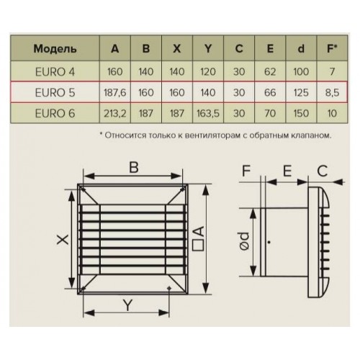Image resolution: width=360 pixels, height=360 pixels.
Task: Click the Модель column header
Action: click(55, 49)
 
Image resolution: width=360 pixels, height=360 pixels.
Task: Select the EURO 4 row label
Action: click(55, 71)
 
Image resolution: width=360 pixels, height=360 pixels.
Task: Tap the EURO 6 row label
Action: click(55, 113)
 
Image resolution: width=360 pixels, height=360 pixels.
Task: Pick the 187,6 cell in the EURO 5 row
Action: click(115, 93)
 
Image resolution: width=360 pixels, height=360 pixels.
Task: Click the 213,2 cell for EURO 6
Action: click(115, 113)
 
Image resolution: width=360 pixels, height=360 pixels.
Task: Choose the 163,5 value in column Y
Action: click(208, 113)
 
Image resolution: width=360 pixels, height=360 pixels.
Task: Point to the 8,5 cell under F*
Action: click(332, 93)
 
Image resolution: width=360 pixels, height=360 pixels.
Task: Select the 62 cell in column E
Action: click(270, 71)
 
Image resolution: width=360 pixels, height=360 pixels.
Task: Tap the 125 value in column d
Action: click(301, 93)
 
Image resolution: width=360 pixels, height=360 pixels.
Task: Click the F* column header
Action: click(332, 48)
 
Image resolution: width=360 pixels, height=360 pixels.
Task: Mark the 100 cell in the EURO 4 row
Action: click(301, 71)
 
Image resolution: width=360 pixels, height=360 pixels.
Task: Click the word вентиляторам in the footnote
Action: click(212, 135)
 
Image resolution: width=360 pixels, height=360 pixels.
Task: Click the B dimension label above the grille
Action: click(134, 167)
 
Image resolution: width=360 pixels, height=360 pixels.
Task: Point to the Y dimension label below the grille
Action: click(127, 305)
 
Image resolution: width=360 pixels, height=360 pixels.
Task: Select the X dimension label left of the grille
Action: click(63, 239)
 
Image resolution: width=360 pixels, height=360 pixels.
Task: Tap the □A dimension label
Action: click(198, 238)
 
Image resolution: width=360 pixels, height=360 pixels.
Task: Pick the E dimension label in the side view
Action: click(287, 171)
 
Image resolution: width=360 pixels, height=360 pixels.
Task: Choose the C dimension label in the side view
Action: click(322, 171)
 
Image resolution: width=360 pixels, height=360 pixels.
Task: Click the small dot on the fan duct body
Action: click(269, 242)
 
